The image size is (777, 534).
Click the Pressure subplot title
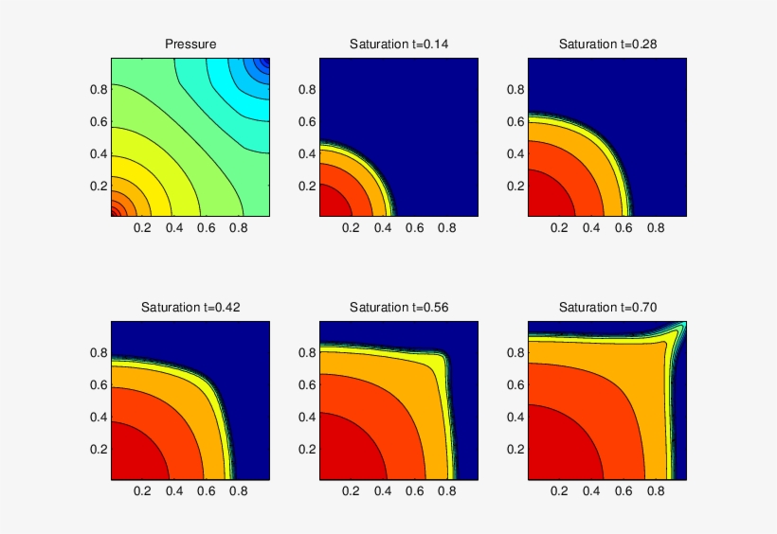(x=190, y=44)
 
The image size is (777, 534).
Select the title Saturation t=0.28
(x=607, y=44)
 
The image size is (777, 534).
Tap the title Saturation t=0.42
(x=190, y=307)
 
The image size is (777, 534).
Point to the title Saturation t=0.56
(x=399, y=307)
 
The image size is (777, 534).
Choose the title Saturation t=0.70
(x=607, y=307)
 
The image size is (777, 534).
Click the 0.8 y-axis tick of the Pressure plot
(x=99, y=89)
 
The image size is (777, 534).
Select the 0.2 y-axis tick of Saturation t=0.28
(x=515, y=186)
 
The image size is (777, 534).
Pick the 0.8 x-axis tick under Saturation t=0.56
(x=445, y=491)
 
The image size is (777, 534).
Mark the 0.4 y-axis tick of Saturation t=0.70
(x=515, y=417)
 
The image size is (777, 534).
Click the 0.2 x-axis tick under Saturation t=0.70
(x=559, y=491)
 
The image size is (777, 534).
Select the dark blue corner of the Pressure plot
(x=264, y=63)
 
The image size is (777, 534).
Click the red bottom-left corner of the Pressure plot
(x=115, y=211)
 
